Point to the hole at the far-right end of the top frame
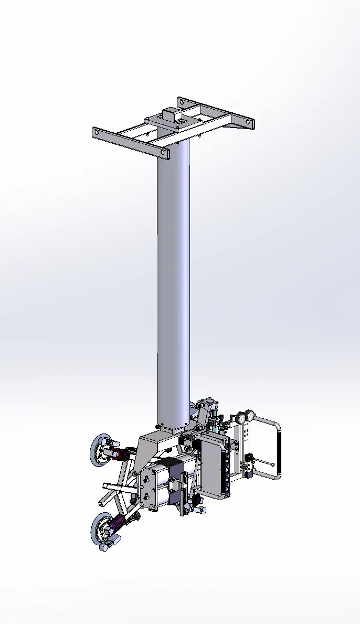250,123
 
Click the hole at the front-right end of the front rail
165,154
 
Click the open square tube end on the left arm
106,486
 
